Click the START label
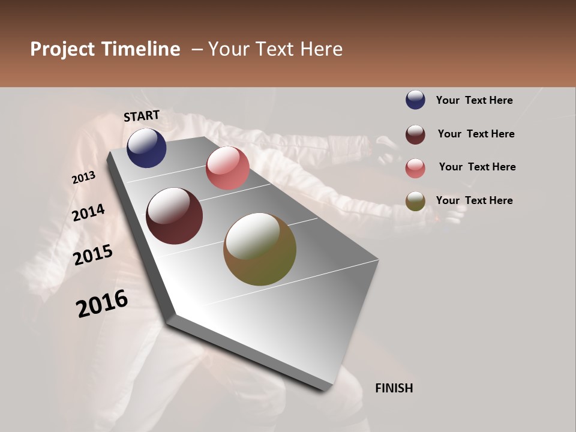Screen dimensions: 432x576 pyautogui.click(x=142, y=116)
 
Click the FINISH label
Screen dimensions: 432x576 pyautogui.click(x=394, y=388)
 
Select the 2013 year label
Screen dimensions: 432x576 pyautogui.click(x=83, y=178)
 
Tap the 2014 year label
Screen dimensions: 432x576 pyautogui.click(x=88, y=213)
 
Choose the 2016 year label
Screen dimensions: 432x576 pyautogui.click(x=102, y=304)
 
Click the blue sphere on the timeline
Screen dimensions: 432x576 pyautogui.click(x=146, y=148)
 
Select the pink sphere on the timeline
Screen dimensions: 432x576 pyautogui.click(x=227, y=168)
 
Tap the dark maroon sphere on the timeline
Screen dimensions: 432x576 pyautogui.click(x=175, y=216)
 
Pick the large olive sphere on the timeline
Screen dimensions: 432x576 pyautogui.click(x=260, y=249)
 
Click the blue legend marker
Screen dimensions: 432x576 pyautogui.click(x=415, y=100)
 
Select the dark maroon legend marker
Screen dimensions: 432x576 pyautogui.click(x=415, y=134)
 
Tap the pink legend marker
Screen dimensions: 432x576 pyautogui.click(x=415, y=167)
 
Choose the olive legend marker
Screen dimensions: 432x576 pyautogui.click(x=415, y=201)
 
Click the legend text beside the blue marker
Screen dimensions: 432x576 pyautogui.click(x=474, y=100)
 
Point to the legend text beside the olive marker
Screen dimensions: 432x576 pyautogui.click(x=474, y=200)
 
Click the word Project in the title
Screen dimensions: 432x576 pyautogui.click(x=63, y=49)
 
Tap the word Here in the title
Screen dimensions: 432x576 pyautogui.click(x=322, y=49)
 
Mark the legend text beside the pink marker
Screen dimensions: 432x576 pyautogui.click(x=477, y=167)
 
